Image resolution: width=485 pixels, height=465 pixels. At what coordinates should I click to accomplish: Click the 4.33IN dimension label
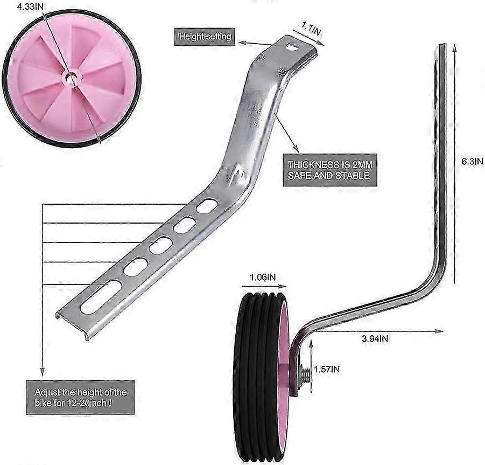30,7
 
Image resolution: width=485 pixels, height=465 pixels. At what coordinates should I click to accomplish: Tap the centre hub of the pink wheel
72,77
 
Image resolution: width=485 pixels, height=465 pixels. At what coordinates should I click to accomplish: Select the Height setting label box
205,37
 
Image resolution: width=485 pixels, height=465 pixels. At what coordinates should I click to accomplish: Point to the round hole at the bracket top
292,47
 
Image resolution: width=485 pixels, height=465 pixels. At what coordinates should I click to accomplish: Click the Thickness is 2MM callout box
330,170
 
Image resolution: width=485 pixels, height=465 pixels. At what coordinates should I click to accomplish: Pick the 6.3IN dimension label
472,161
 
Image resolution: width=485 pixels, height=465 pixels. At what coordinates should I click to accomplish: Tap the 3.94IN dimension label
375,339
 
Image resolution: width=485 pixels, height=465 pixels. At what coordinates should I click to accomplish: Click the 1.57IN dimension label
327,369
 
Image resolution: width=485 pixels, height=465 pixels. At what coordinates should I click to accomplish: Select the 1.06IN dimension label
263,277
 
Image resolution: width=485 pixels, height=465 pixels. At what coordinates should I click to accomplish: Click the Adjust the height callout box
80,398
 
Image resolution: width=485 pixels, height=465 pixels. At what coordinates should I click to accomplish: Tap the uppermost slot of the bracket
207,206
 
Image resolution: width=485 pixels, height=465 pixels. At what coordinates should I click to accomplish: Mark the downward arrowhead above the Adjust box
43,372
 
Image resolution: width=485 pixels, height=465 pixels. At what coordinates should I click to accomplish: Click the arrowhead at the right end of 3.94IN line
440,331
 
